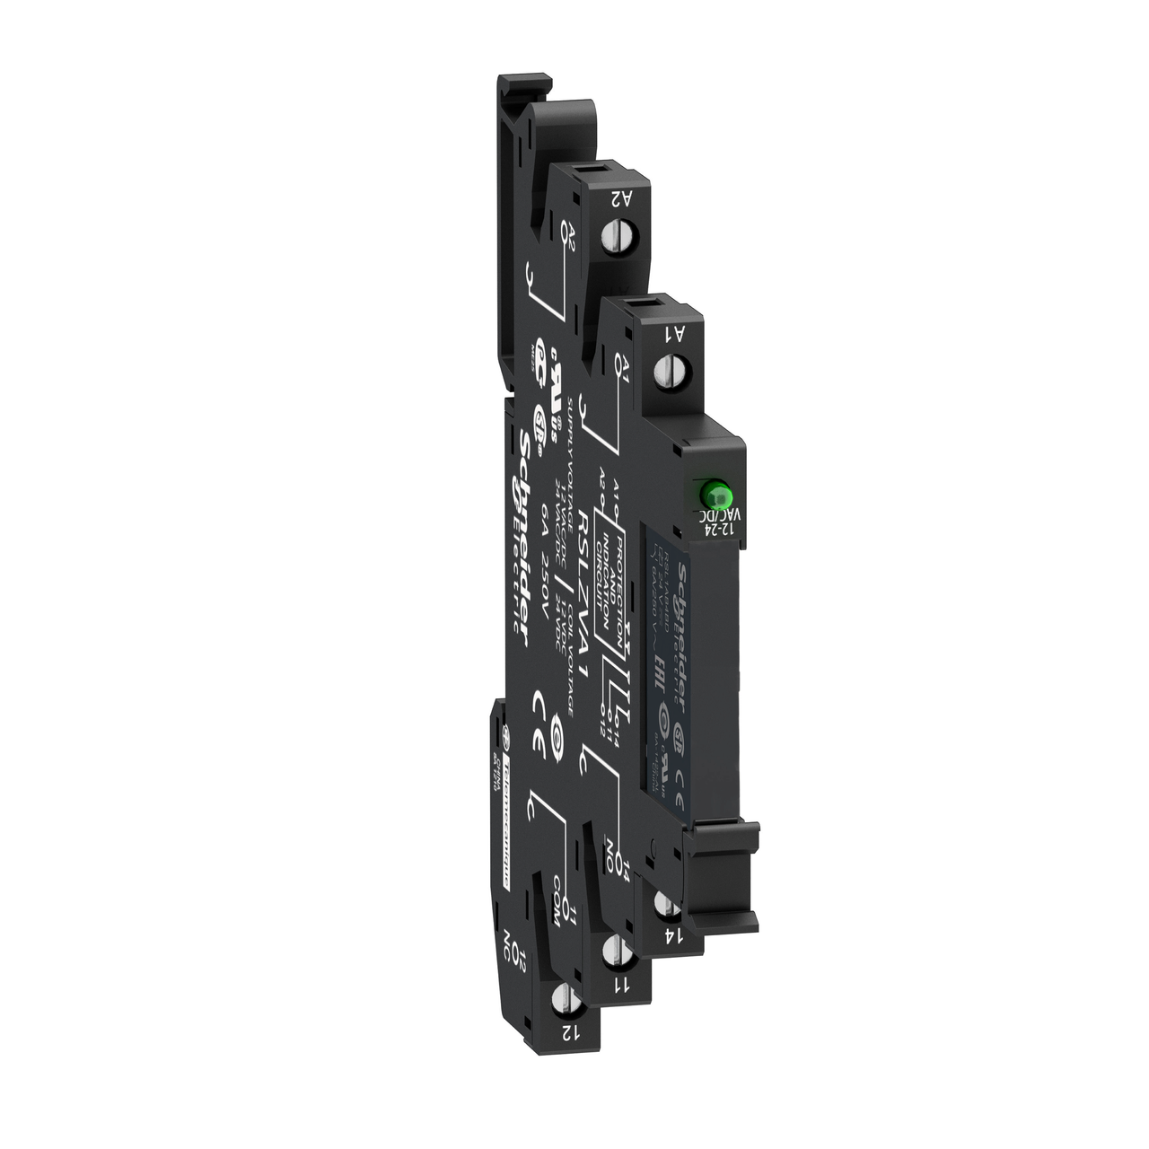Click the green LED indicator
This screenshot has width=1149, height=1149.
click(715, 493)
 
